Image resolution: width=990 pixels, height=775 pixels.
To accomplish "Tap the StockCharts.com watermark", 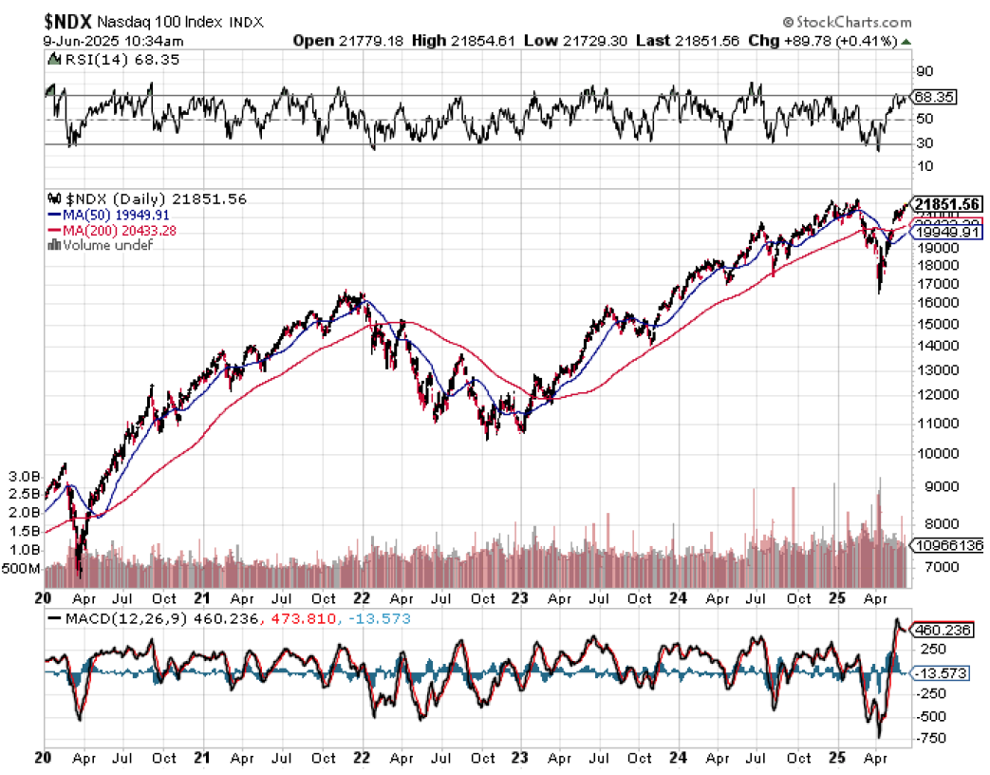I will tap(848, 23).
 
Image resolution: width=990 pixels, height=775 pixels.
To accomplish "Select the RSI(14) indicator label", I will tap(85, 59).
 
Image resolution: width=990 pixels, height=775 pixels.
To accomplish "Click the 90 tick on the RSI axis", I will tap(924, 71).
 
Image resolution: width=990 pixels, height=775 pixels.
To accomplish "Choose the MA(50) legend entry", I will tap(105, 216).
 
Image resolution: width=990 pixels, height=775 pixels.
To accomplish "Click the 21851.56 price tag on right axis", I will tap(945, 204).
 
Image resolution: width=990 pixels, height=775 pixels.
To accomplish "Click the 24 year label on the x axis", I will tap(679, 599).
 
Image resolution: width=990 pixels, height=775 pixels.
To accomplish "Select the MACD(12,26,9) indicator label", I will tap(105, 619).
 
